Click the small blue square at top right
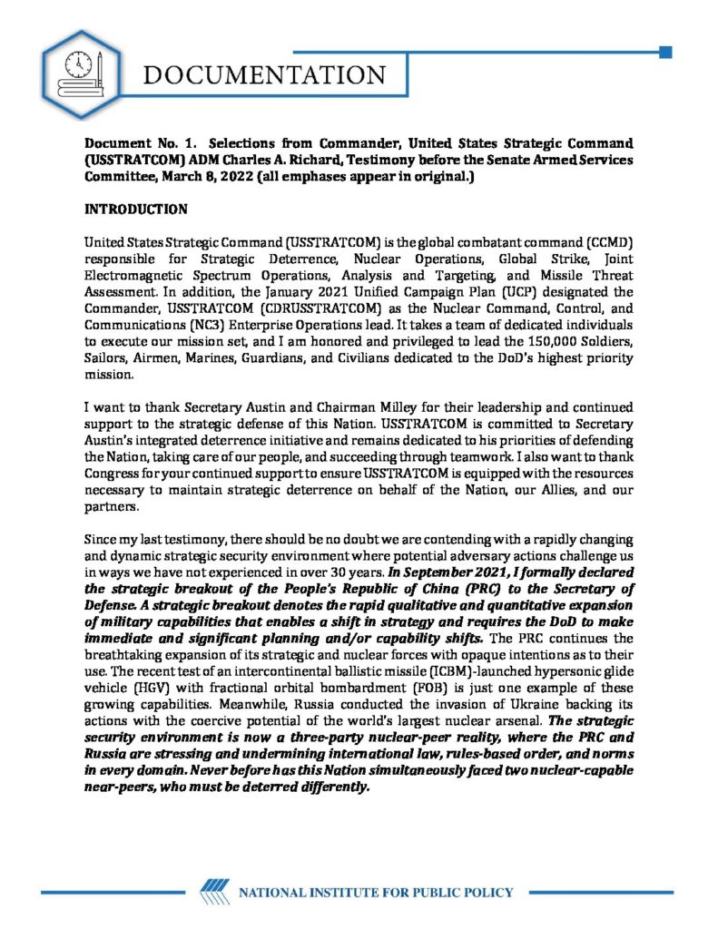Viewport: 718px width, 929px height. point(665,53)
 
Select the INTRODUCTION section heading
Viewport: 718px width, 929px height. point(135,210)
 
